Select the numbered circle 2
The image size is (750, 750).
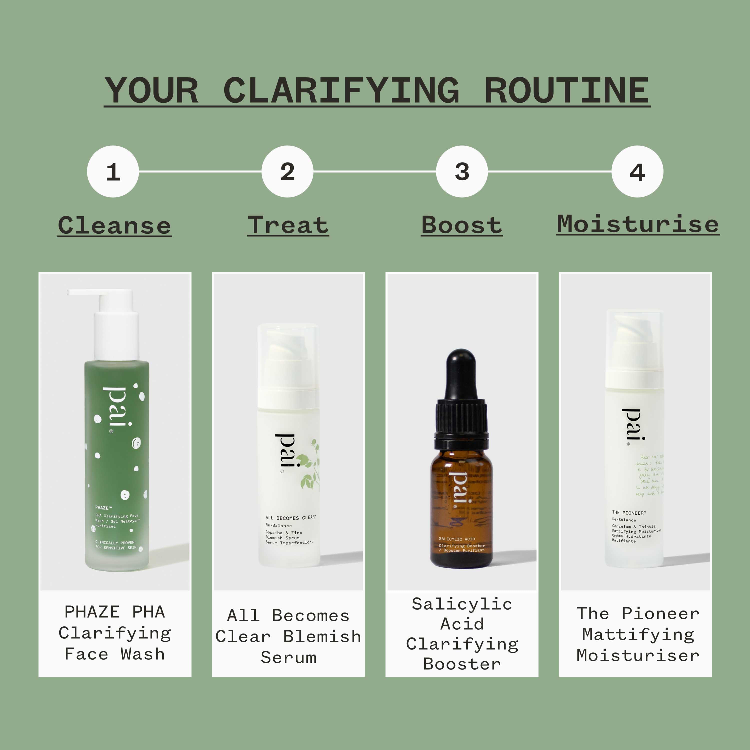click(x=287, y=171)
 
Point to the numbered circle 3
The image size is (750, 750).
click(x=462, y=171)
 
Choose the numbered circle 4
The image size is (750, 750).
click(x=637, y=171)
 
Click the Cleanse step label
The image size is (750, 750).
click(x=114, y=225)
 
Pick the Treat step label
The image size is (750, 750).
click(x=288, y=225)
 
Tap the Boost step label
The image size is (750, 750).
click(x=461, y=225)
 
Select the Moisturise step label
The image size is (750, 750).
click(x=638, y=224)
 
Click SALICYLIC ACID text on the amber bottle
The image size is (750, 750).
click(x=456, y=539)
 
